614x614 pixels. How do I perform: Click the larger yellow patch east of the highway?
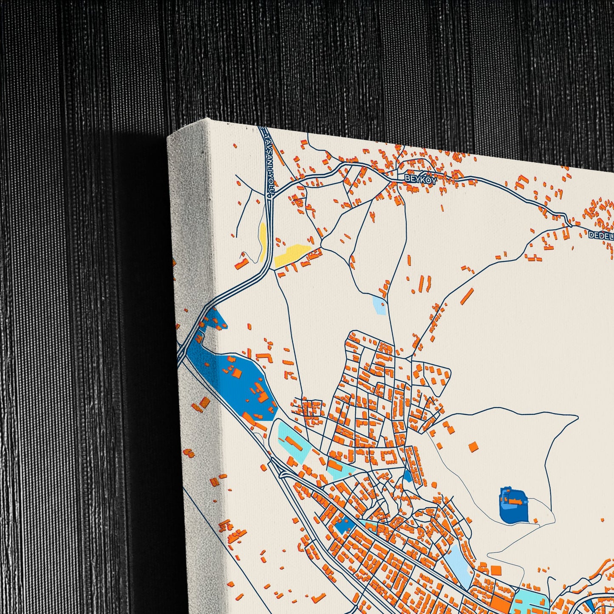292,254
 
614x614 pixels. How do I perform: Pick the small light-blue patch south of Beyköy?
379,306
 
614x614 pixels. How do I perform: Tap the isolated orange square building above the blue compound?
473,446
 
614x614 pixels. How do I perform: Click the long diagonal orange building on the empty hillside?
467,296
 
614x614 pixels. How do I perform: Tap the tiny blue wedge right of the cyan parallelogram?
408,475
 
